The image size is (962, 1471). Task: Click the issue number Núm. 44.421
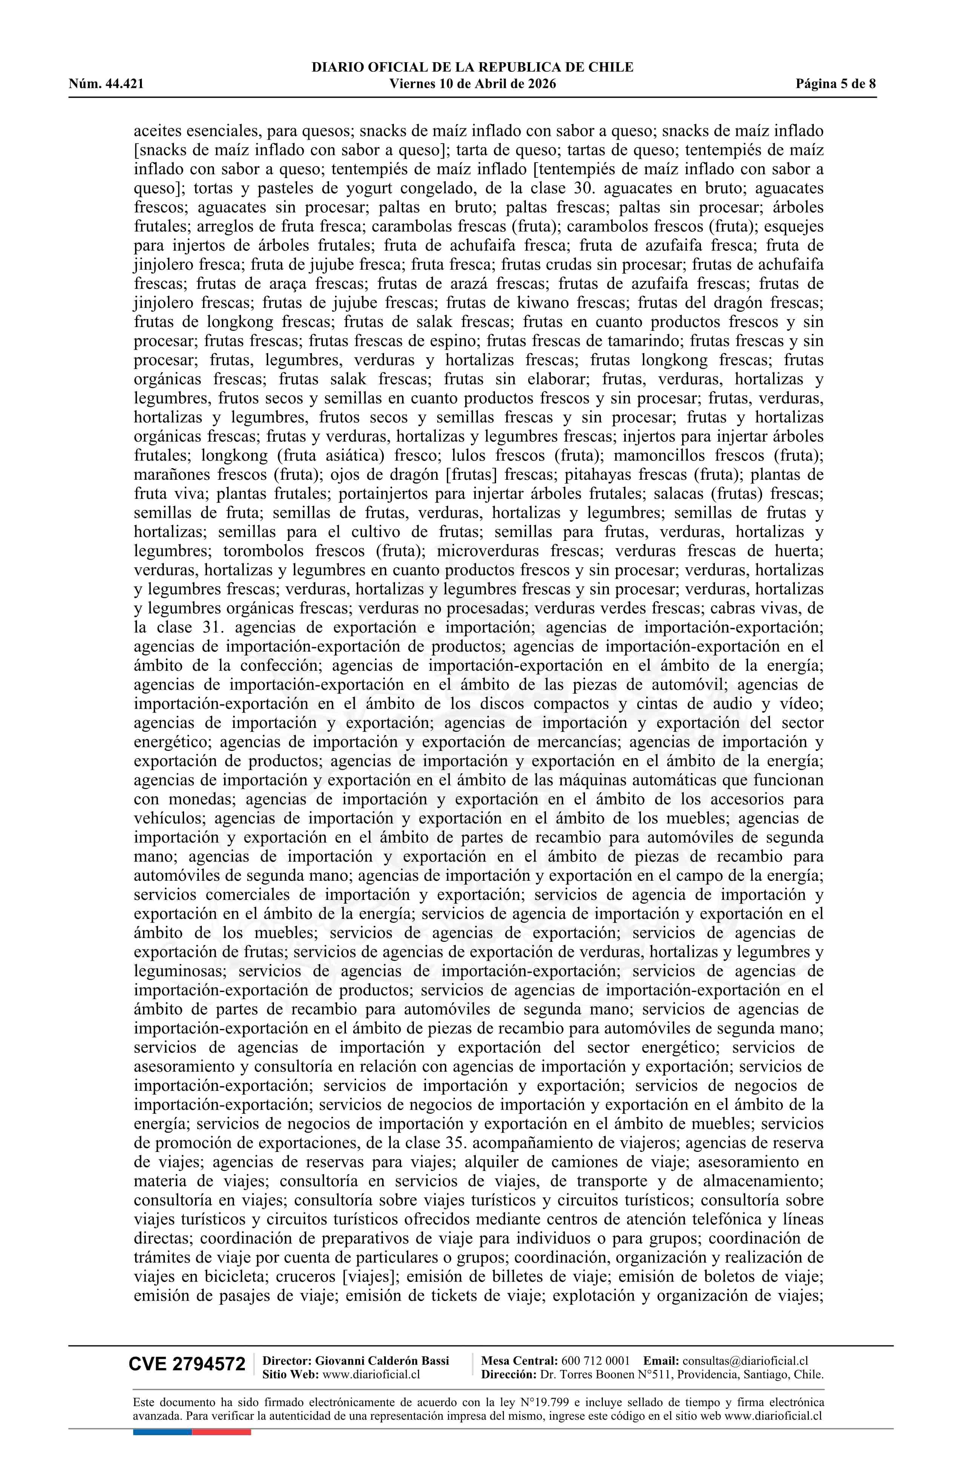pyautogui.click(x=106, y=84)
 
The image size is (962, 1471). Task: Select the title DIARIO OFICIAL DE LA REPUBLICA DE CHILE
pyautogui.click(x=472, y=68)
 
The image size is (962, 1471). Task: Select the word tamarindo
pyautogui.click(x=650, y=341)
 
